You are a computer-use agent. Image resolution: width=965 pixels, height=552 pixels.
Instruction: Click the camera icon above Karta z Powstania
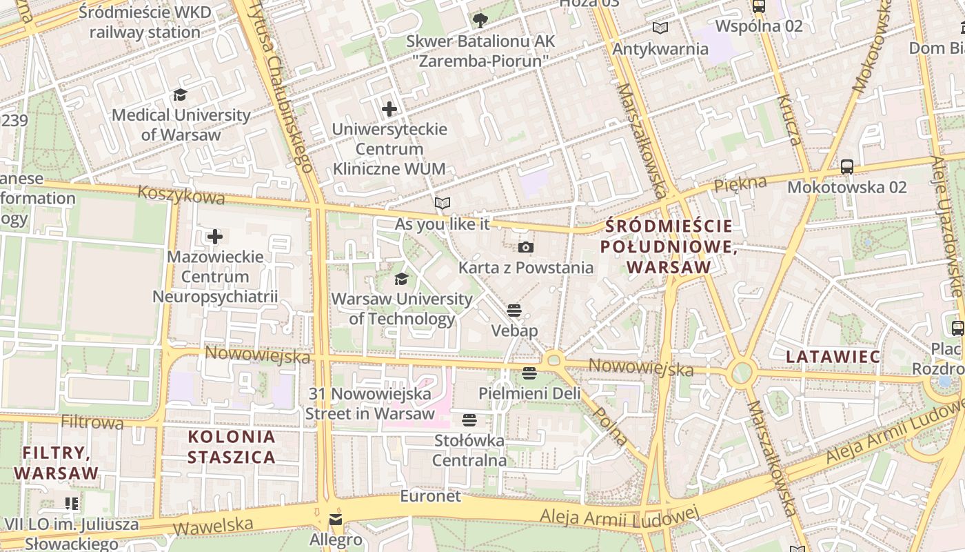(x=525, y=247)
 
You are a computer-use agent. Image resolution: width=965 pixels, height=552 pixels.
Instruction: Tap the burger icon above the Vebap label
(x=514, y=310)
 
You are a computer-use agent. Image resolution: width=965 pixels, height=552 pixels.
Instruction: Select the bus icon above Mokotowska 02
(x=847, y=166)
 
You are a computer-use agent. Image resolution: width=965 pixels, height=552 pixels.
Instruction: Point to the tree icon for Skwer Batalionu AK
(x=480, y=20)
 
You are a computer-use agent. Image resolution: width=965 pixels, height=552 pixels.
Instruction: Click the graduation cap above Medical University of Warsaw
(x=180, y=95)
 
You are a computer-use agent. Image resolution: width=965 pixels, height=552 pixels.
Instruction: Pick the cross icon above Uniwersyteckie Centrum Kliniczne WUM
(x=389, y=108)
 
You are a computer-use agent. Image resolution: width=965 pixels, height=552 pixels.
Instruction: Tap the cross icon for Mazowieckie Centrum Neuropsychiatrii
(x=215, y=237)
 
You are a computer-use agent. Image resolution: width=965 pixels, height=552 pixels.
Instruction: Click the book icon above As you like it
(x=442, y=203)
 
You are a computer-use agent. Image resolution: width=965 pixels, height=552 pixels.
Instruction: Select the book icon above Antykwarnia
(x=660, y=28)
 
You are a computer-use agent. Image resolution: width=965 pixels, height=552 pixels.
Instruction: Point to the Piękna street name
(x=740, y=184)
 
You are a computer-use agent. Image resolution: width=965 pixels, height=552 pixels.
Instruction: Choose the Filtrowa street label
(x=92, y=422)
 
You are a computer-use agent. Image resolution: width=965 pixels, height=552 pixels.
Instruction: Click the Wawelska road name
(x=213, y=526)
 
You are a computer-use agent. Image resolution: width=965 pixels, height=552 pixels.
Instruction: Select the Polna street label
(x=610, y=425)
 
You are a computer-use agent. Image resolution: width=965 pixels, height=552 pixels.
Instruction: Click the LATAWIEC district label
(x=833, y=357)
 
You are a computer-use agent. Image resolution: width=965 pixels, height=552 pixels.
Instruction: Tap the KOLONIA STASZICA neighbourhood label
(x=232, y=446)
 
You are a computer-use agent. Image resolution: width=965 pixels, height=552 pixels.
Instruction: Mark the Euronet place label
(x=431, y=496)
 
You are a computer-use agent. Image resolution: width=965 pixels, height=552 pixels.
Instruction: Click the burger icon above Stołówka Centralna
(x=469, y=420)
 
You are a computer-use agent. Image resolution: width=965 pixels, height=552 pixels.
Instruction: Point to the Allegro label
(x=336, y=539)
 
